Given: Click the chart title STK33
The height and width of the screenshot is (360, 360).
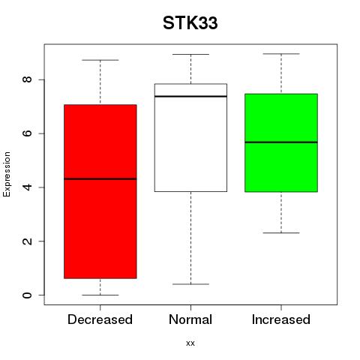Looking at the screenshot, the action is [x=190, y=23].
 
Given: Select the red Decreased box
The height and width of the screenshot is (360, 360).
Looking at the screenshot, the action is [x=100, y=191].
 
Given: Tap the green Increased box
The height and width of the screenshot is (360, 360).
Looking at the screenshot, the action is [x=281, y=142].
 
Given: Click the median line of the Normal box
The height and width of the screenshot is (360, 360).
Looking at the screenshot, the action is [x=190, y=96].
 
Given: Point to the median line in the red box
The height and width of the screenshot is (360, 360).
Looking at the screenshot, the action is [x=100, y=179].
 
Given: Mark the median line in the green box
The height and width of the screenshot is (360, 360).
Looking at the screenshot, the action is [x=281, y=142].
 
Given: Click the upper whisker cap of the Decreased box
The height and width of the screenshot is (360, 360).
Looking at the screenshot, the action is [x=100, y=60].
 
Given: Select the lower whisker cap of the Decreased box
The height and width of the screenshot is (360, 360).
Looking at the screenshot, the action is [x=100, y=295].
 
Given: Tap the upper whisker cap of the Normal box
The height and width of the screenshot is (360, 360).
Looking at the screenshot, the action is [x=190, y=54].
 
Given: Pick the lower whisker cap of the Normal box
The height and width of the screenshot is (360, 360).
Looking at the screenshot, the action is [x=190, y=284].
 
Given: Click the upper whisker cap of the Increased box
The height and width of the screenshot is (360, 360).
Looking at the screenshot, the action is [x=281, y=54].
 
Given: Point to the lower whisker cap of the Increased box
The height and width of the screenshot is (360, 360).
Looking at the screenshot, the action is [x=281, y=233].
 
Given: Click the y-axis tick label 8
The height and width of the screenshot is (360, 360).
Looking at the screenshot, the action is [x=28, y=79].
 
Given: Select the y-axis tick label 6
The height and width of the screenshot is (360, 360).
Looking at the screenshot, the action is [x=28, y=133].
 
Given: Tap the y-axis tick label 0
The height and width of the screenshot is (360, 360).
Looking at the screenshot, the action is [x=28, y=295].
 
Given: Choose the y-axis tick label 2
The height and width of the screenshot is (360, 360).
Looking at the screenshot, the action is [x=28, y=241].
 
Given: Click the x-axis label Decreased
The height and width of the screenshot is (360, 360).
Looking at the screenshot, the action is [x=100, y=319].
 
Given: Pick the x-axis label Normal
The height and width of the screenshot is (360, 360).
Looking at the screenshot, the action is [x=190, y=319].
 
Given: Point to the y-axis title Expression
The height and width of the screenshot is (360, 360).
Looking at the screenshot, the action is [x=7, y=174].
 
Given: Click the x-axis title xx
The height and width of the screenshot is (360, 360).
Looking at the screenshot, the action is [x=190, y=343].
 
